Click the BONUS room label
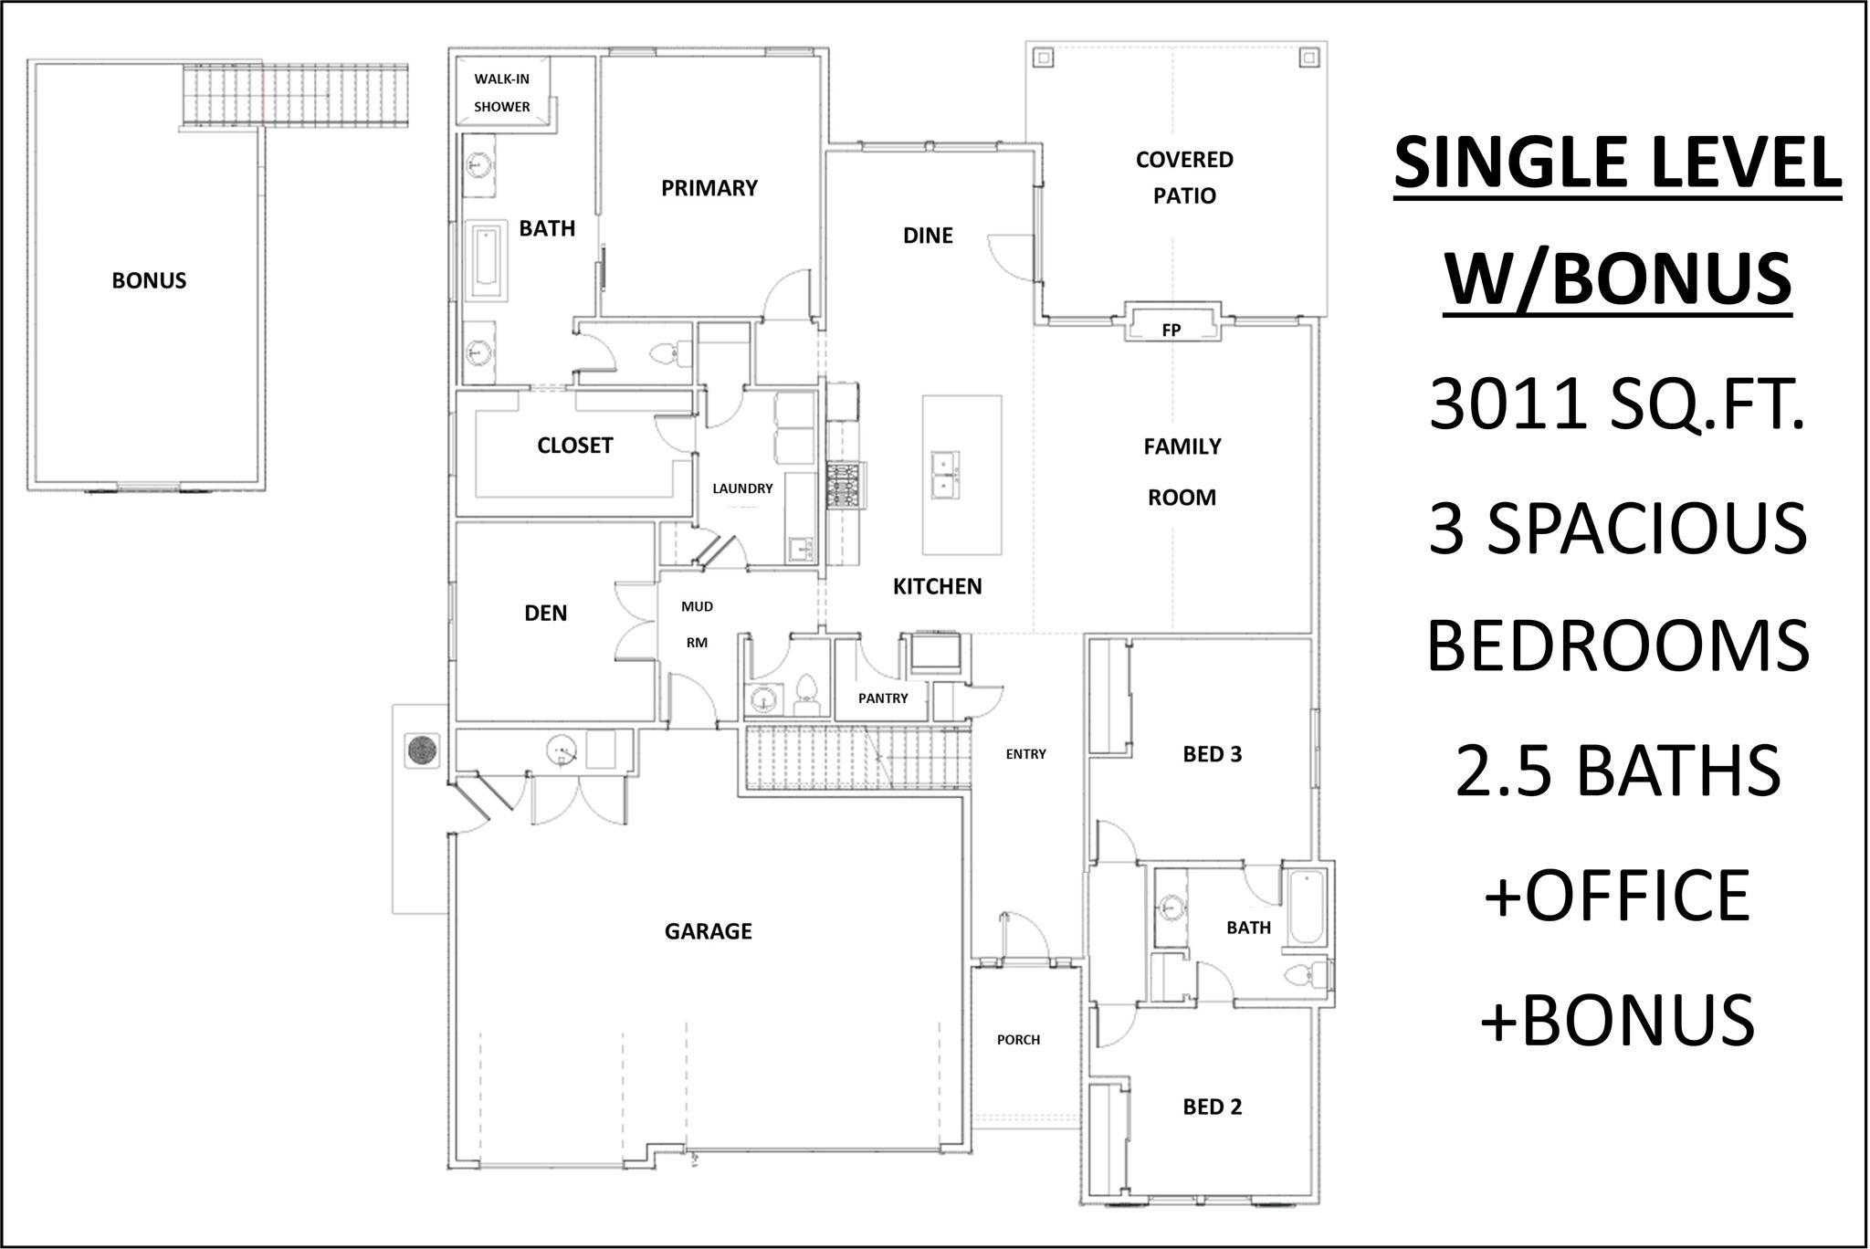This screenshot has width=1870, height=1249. [149, 280]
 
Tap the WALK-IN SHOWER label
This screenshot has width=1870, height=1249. [501, 92]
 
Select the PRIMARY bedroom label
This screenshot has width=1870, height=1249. [709, 188]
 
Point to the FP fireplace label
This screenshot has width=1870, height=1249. [1171, 331]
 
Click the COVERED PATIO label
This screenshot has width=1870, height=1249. [1184, 177]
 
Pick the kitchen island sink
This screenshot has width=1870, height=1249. [943, 474]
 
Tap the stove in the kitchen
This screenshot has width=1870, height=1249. [844, 485]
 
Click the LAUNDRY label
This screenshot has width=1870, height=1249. [742, 488]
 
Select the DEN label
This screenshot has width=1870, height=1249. [545, 614]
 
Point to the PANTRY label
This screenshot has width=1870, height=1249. [883, 698]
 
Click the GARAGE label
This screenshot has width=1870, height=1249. [709, 931]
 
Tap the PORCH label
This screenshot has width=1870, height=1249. [1018, 1040]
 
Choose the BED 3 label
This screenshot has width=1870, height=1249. [1213, 754]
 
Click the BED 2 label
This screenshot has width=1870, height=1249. [1213, 1107]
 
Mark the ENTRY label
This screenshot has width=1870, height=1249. [1025, 754]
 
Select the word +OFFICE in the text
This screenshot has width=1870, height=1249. [1616, 896]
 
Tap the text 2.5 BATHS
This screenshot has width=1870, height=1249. [1617, 771]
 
